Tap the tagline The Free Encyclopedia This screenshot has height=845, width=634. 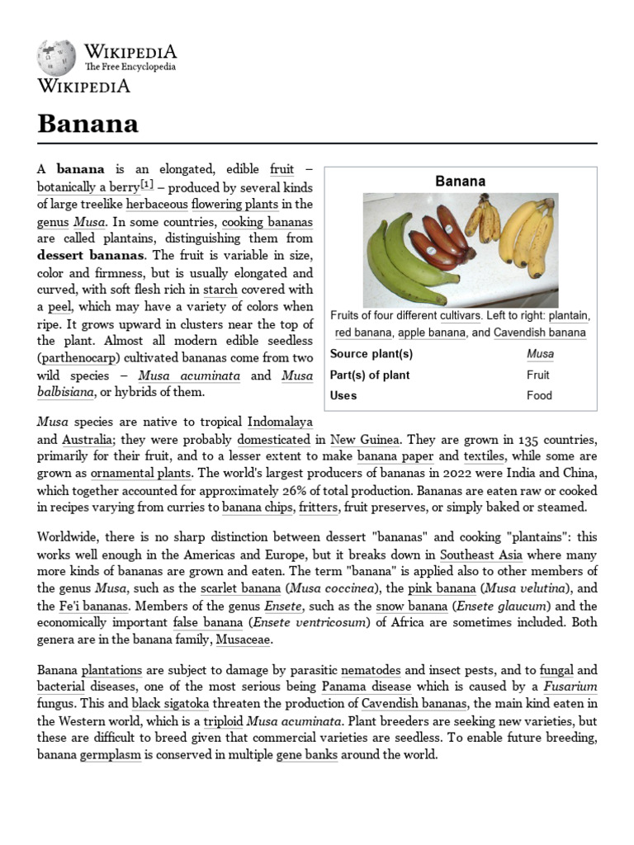click(x=130, y=67)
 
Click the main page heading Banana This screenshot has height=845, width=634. click(x=88, y=124)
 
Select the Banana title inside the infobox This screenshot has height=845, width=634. click(x=460, y=181)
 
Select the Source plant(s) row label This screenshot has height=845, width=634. click(x=371, y=354)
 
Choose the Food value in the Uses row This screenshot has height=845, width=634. click(x=537, y=395)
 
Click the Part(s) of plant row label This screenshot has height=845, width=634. click(x=369, y=375)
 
